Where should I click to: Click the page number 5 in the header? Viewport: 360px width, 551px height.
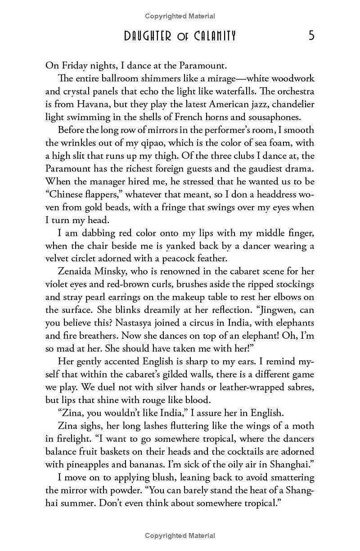(x=311, y=36)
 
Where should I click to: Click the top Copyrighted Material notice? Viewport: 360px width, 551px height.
(x=180, y=16)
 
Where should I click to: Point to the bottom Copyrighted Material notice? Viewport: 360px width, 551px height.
(x=180, y=535)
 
